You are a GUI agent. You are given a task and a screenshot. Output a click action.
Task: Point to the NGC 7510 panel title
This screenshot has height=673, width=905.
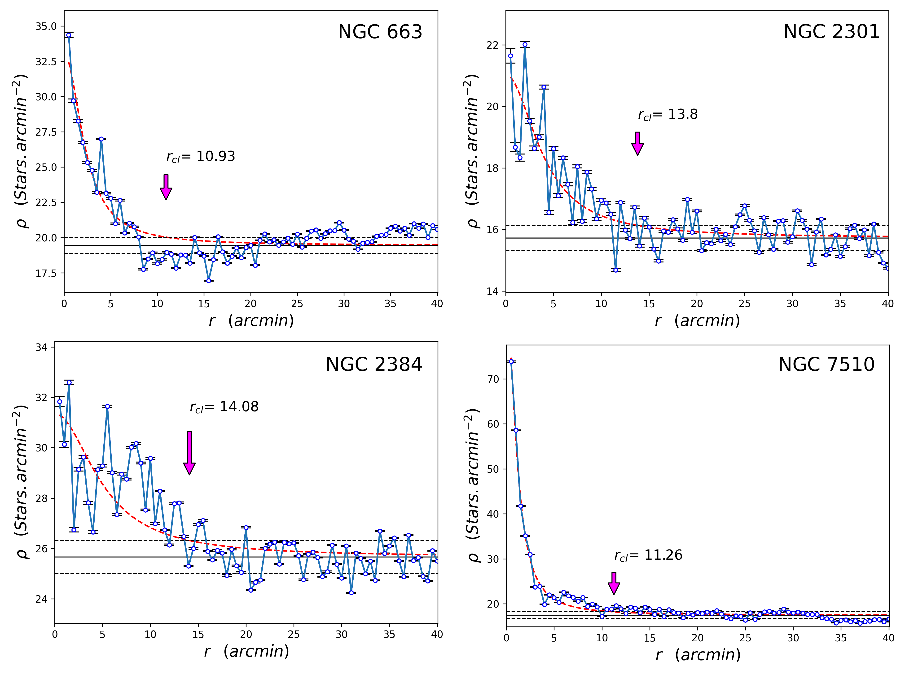point(826,364)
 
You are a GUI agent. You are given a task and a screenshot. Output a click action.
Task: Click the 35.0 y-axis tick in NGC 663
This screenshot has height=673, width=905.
point(46,26)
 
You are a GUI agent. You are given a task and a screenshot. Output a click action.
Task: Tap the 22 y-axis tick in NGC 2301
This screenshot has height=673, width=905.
point(493,45)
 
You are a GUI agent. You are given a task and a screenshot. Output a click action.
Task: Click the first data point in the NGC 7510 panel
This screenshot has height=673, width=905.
point(511,362)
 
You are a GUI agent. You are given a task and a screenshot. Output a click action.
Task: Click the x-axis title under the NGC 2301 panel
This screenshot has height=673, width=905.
point(697,321)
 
